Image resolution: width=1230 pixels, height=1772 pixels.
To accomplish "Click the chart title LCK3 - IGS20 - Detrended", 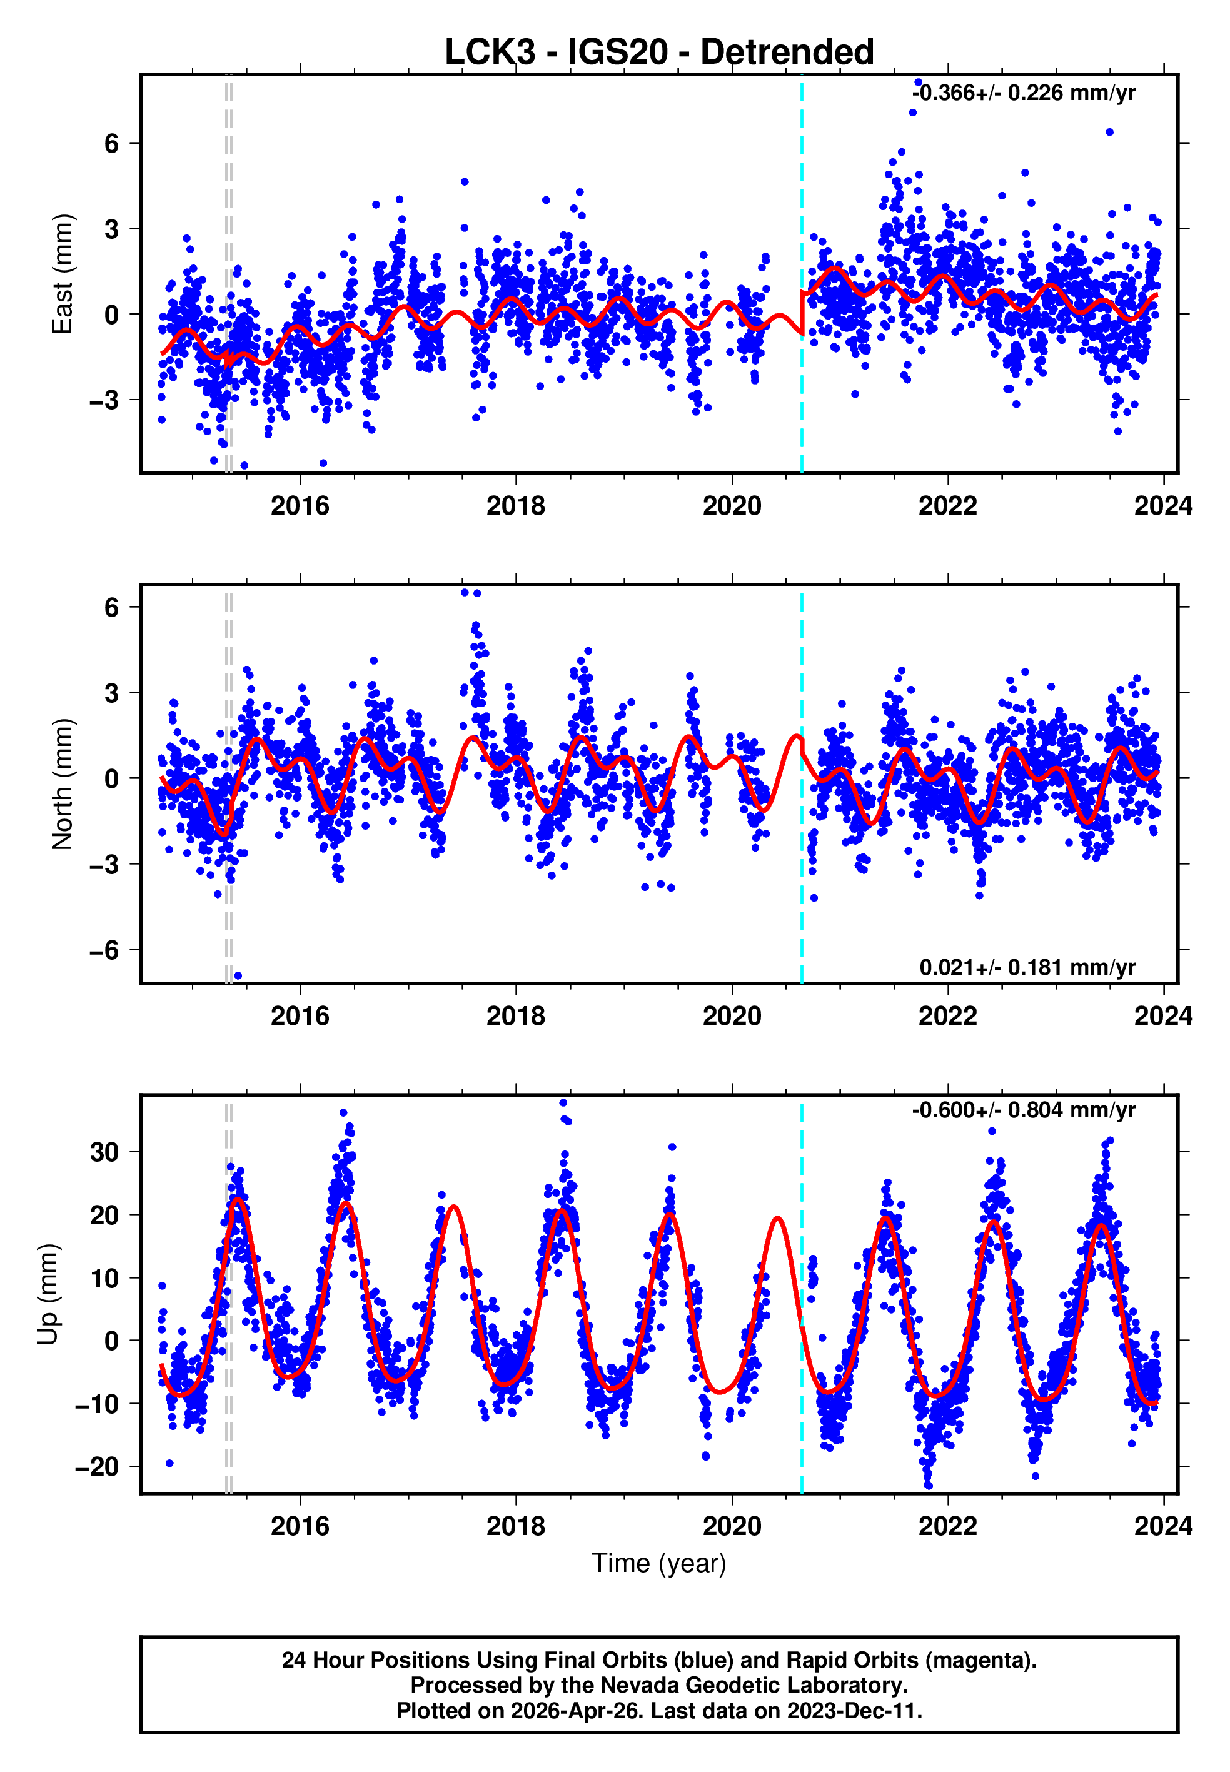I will click(659, 53).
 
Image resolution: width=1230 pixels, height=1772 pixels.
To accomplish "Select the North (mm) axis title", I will click(63, 784).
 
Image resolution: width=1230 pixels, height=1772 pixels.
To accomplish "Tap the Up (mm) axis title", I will click(48, 1294).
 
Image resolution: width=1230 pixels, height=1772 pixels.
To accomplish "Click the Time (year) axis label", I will click(659, 1563).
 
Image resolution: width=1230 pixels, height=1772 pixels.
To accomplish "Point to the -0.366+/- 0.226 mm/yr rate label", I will click(1024, 93).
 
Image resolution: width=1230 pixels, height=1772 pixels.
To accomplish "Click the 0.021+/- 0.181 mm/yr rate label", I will click(1027, 968).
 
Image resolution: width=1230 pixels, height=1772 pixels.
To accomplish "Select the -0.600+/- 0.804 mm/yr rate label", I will click(1024, 1110).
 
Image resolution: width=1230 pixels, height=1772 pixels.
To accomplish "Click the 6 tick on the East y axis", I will click(113, 143).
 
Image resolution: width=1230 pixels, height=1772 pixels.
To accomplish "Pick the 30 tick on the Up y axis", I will click(105, 1152).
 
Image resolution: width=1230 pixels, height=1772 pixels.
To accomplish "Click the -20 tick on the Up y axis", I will click(97, 1467).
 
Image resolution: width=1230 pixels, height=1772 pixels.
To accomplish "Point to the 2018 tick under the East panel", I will click(516, 506).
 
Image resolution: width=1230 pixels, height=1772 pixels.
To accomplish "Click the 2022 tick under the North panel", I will click(947, 1016).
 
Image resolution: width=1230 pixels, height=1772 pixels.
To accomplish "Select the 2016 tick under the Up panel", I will click(300, 1526).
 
